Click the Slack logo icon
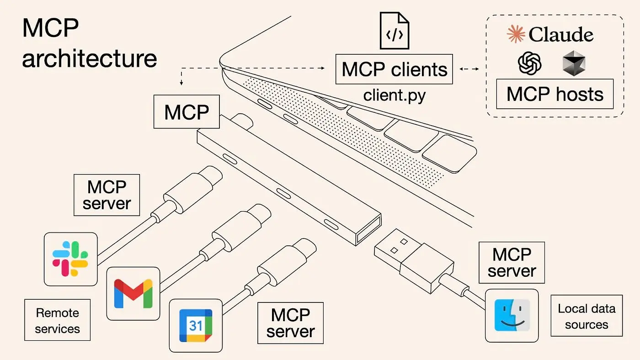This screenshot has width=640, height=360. (70, 259)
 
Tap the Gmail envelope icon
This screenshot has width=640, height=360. (133, 293)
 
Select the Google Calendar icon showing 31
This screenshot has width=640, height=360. (196, 325)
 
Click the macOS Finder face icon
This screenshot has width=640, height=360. (512, 315)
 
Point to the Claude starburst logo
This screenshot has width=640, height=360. (516, 35)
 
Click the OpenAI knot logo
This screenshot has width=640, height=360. (530, 63)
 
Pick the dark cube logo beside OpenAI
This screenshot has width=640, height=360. (574, 63)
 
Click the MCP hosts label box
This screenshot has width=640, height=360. (555, 94)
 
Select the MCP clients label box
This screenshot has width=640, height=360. (394, 69)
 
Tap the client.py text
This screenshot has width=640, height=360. (395, 95)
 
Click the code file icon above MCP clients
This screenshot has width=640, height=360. (395, 31)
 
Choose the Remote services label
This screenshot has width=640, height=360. (57, 320)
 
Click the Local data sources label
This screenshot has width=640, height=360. (586, 316)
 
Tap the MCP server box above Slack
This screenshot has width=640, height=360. (107, 195)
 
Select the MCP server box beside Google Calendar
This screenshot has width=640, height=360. (290, 323)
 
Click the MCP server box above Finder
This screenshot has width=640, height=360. (512, 262)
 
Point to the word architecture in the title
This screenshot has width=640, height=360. (90, 59)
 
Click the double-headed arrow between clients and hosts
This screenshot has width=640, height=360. (469, 69)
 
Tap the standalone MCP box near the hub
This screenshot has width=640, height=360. (187, 112)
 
